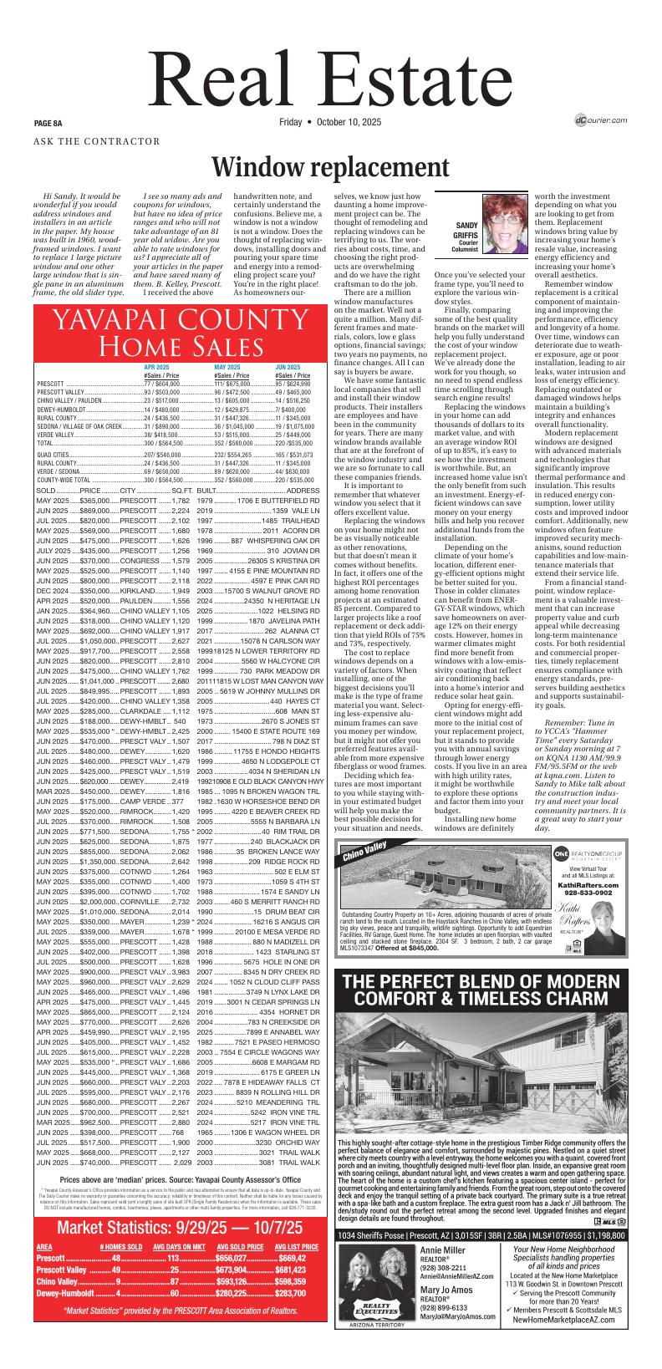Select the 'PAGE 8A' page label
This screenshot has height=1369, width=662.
pyautogui.click(x=48, y=123)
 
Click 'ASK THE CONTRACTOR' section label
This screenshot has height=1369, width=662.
pyautogui.click(x=96, y=141)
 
